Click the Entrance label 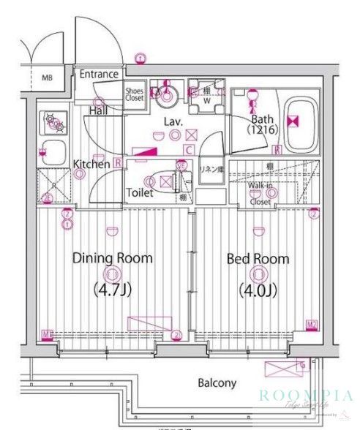pyautogui.click(x=99, y=74)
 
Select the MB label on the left pyautogui.click(x=48, y=78)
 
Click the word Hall pyautogui.click(x=99, y=110)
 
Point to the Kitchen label pyautogui.click(x=91, y=165)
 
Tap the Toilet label pyautogui.click(x=139, y=193)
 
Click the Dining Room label pyautogui.click(x=112, y=258)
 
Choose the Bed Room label pyautogui.click(x=258, y=259)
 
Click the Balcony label pyautogui.click(x=217, y=382)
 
